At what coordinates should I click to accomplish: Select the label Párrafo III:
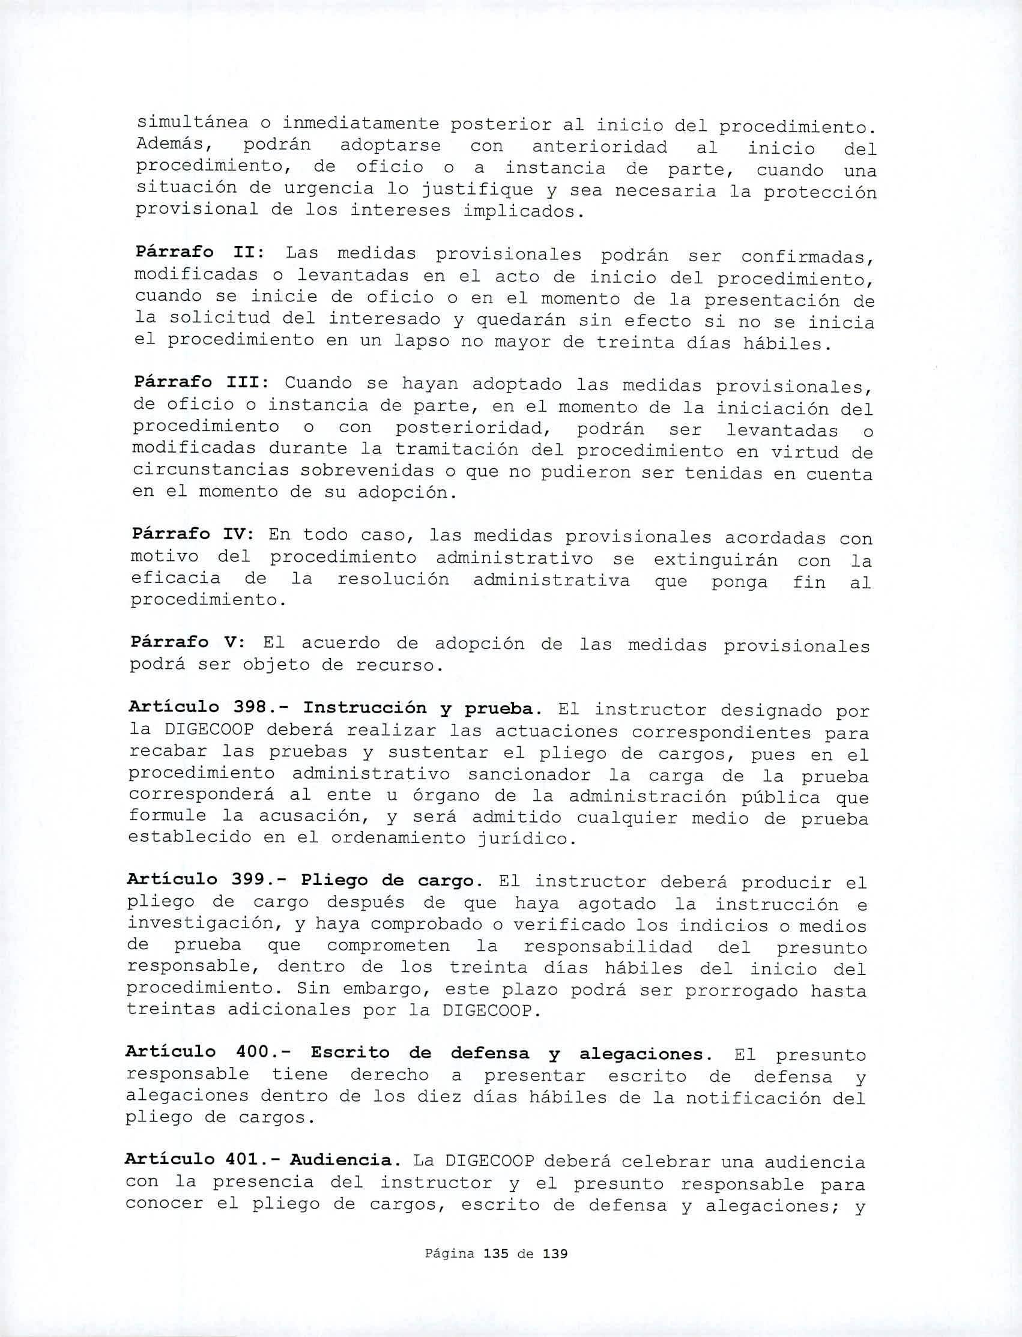pos(198,382)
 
